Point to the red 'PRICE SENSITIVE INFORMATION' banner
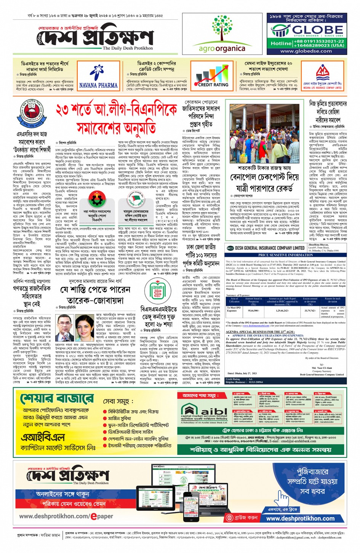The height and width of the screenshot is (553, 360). [x=285, y=255]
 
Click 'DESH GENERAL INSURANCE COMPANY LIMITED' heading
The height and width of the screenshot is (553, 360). [x=270, y=248]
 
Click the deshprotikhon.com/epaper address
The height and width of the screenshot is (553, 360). [x=66, y=516]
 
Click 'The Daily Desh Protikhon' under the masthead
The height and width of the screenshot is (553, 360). [x=128, y=48]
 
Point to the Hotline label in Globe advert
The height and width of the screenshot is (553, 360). [x=281, y=43]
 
